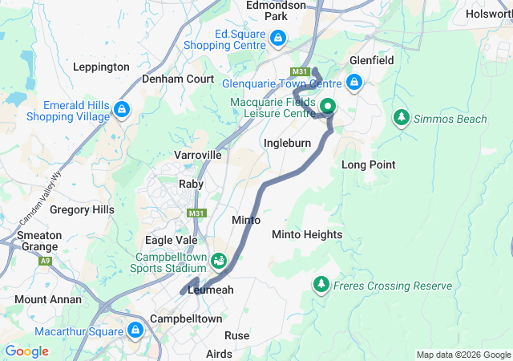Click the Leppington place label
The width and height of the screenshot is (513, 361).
(x=101, y=67)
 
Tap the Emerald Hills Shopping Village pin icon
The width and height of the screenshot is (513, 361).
(x=122, y=109)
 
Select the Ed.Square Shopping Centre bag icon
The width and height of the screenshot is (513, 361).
(x=277, y=38)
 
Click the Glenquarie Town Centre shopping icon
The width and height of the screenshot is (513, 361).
(x=354, y=82)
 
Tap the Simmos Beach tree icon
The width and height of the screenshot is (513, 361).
(x=401, y=118)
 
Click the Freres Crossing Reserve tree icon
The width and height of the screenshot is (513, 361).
(x=321, y=285)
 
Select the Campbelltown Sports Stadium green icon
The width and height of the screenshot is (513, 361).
(x=219, y=261)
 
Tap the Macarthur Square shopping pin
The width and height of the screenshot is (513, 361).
(x=135, y=330)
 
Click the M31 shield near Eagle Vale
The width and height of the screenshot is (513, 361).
(x=196, y=213)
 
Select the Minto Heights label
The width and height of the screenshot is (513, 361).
(x=307, y=234)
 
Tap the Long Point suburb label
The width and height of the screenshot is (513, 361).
(x=369, y=164)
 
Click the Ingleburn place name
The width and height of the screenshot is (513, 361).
(x=287, y=143)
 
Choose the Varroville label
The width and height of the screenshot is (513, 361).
(x=197, y=154)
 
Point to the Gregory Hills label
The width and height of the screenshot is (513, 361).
(x=82, y=209)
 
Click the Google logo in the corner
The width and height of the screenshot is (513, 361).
(x=26, y=351)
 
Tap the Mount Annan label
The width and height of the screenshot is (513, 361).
(x=48, y=299)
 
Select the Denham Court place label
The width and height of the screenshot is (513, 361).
(x=178, y=79)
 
